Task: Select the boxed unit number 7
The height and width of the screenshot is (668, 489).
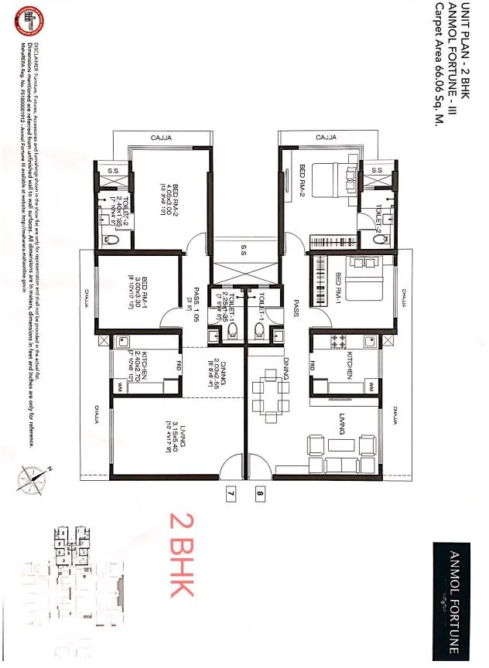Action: point(229,492)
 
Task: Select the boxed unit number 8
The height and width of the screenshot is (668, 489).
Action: point(259,492)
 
